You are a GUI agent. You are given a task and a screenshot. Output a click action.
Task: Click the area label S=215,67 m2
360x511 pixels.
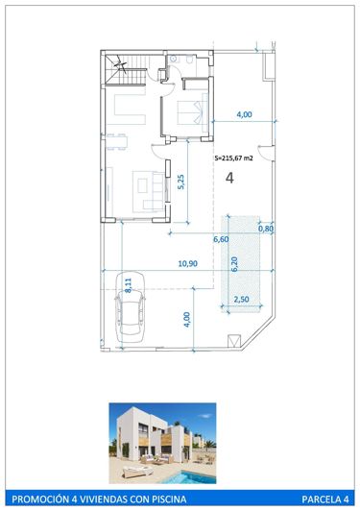click(x=238, y=158)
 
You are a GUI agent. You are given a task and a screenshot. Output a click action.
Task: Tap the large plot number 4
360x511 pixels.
click(x=229, y=178)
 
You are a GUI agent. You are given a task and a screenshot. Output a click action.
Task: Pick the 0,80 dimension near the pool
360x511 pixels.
click(x=267, y=229)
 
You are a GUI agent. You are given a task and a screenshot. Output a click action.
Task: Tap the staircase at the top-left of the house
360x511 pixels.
click(x=123, y=70)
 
